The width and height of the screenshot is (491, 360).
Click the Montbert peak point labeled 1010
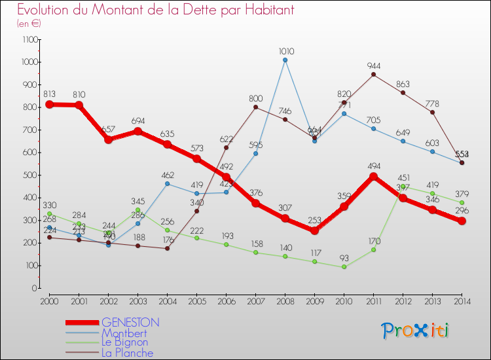click(x=285, y=60)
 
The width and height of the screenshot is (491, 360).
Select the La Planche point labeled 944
click(x=373, y=75)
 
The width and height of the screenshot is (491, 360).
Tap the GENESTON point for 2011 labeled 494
click(x=373, y=176)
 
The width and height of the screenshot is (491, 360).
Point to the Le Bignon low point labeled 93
click(x=344, y=267)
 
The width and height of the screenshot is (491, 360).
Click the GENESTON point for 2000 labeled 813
click(x=49, y=104)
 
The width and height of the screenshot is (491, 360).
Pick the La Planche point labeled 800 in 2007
click(x=255, y=107)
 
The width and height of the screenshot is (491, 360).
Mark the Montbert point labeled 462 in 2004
click(x=167, y=184)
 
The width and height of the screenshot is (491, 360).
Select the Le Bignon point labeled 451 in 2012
click(x=403, y=186)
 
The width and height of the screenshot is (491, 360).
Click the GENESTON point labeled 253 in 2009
click(x=314, y=230)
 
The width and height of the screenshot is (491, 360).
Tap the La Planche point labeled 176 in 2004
click(x=167, y=248)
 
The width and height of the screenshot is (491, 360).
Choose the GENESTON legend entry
click(x=130, y=323)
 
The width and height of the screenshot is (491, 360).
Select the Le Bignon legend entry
click(x=124, y=342)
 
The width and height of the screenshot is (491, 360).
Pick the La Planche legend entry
click(x=127, y=353)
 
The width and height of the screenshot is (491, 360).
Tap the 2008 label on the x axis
click(x=285, y=301)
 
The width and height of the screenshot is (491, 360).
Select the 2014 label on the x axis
click(x=462, y=301)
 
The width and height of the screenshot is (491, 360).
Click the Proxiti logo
click(x=416, y=331)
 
